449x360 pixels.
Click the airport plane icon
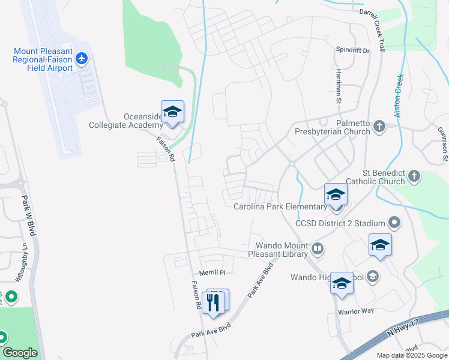point(82,58)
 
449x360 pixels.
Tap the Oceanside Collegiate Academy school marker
point(172,112)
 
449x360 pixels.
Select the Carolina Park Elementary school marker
point(336,195)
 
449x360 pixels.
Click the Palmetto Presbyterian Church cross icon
point(379,126)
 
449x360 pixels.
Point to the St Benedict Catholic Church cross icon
point(414,176)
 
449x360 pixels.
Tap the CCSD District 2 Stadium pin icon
point(394,223)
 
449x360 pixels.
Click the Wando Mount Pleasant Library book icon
point(318,247)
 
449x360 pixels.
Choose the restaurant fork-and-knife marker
point(214,302)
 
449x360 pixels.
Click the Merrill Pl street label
point(212,272)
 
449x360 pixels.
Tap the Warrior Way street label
point(355,311)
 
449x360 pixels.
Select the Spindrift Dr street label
point(352,50)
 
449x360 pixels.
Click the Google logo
point(20,353)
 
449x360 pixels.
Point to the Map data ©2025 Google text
point(412,355)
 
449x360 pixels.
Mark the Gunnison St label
point(443,145)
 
